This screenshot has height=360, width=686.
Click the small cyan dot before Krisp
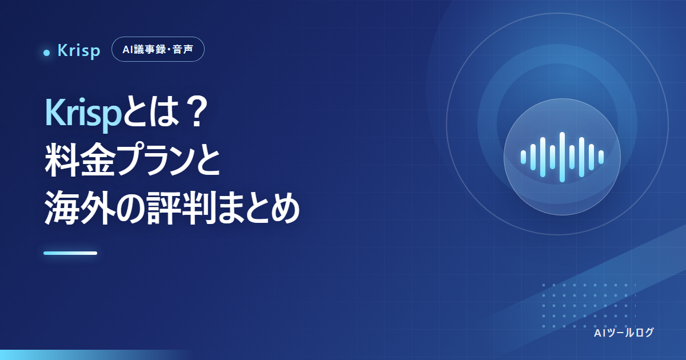tap(46, 53)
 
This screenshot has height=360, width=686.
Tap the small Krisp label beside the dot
tap(79, 50)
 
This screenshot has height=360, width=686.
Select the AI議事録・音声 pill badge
tap(158, 49)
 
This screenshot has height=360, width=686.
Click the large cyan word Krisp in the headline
tap(83, 114)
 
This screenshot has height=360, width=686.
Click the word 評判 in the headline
tap(181, 207)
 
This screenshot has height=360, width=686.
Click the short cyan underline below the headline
tap(70, 253)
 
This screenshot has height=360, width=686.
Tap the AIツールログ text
tap(624, 333)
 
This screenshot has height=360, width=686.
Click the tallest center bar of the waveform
tap(562, 157)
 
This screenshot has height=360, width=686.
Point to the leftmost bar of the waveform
tap(524, 157)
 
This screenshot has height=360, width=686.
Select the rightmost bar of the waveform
tap(601, 157)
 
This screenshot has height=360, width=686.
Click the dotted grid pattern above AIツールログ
tap(589, 306)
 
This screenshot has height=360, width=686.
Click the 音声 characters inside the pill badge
tap(183, 49)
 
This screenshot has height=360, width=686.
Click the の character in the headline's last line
tap(130, 208)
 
